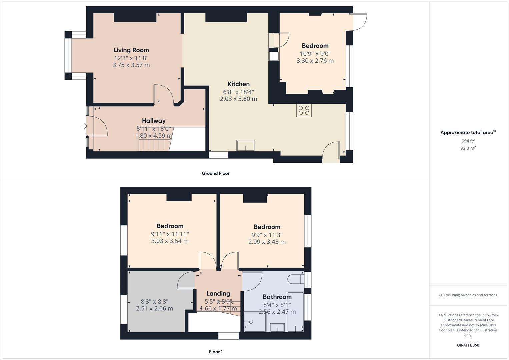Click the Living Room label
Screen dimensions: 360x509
coord(131,50)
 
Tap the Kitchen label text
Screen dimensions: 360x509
coord(238,84)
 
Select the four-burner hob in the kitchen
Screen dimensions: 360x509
coord(304,110)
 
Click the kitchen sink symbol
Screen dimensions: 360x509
coord(246,146)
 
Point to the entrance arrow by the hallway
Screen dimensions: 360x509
coord(84,126)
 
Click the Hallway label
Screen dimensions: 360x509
coord(154,121)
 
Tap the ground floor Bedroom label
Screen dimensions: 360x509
coord(315,46)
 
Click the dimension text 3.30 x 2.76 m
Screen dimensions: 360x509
coord(315,61)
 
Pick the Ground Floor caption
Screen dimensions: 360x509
coord(215,173)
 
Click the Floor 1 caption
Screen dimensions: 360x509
coord(215,352)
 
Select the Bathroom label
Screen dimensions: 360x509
coord(277,297)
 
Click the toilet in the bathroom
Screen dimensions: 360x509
coord(295,279)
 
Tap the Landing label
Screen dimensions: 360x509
coord(218,293)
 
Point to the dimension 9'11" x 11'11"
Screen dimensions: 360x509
coord(170,234)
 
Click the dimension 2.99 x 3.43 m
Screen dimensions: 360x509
coord(267,242)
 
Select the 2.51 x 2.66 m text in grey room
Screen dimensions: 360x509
coord(154,308)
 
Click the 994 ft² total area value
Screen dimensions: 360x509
coord(468,141)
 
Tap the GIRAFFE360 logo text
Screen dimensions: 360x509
coord(468,345)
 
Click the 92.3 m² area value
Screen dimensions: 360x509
coord(468,148)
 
